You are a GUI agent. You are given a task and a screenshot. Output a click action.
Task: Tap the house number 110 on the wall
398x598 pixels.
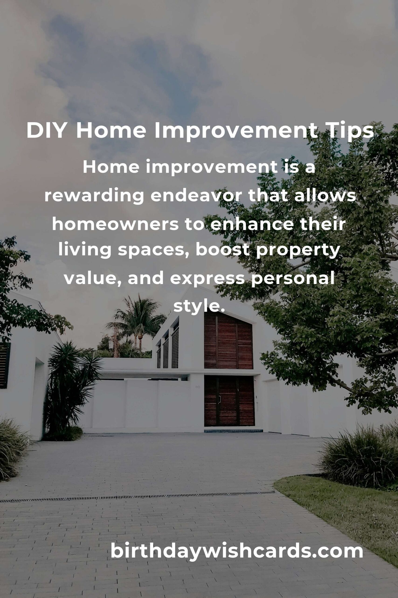pos(198,387)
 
